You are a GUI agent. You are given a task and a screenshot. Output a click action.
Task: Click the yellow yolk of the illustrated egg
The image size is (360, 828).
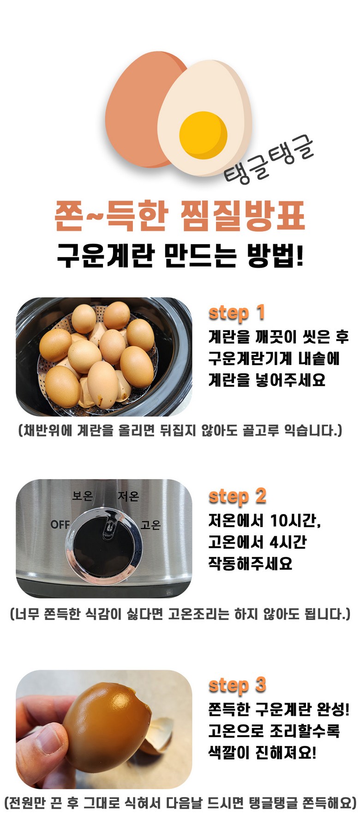click(203, 135)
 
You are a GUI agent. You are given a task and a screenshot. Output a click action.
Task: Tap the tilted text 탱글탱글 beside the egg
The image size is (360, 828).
click(269, 160)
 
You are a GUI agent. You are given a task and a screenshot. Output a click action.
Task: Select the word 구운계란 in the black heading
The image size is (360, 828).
click(105, 255)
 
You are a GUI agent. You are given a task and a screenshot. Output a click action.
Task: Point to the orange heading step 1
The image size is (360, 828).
click(237, 313)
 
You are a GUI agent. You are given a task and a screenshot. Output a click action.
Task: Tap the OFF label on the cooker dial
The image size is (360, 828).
click(60, 525)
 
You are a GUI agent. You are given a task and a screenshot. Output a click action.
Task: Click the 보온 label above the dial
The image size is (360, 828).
click(83, 496)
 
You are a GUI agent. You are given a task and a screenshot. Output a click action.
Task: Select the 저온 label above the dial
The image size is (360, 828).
click(128, 496)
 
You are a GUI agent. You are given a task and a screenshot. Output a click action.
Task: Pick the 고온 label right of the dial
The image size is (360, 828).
click(150, 525)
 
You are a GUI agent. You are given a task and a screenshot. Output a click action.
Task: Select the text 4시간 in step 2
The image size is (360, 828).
click(288, 542)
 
